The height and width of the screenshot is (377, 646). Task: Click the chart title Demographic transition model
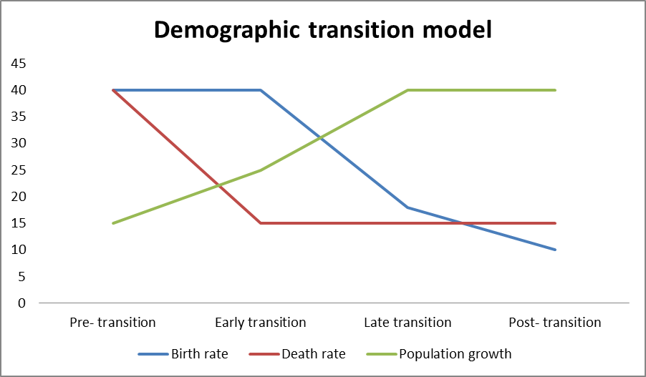point(322,29)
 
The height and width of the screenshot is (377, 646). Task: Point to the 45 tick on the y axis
point(18,64)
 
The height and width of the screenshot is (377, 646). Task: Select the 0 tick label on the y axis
point(21,303)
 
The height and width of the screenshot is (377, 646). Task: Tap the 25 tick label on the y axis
point(18,170)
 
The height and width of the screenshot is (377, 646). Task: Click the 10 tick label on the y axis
point(18,250)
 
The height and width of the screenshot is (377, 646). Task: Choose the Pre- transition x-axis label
point(112,323)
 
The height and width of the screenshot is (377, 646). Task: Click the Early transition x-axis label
point(260,323)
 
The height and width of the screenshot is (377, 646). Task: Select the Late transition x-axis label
point(408,323)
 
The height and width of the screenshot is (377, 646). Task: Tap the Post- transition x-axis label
point(555,323)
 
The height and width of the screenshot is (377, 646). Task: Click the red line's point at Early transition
point(261,223)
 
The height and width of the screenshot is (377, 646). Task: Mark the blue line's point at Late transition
point(408,207)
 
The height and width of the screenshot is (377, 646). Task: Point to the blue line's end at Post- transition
point(555,250)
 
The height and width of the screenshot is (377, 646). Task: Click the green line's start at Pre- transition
point(113,223)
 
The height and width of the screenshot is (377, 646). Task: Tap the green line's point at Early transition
point(261,170)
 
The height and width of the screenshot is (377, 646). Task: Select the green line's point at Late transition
point(408,90)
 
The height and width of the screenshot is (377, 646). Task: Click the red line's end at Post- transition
point(555,223)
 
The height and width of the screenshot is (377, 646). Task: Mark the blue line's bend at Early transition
point(261,90)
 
